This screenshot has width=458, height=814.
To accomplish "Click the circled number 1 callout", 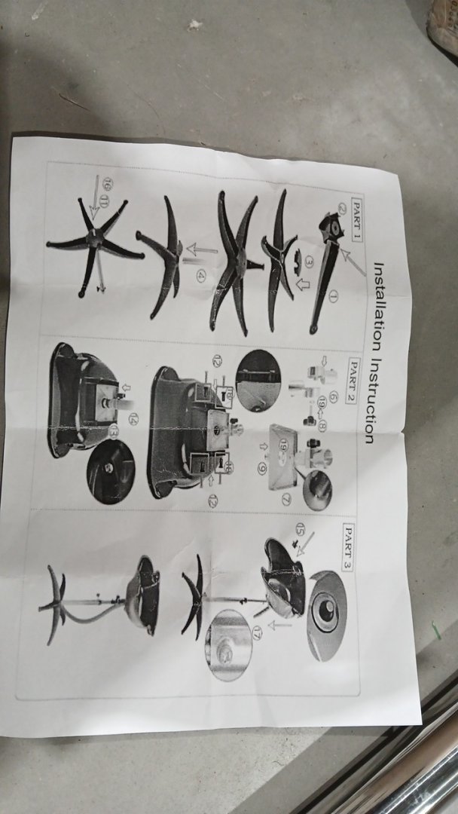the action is coord(333,296).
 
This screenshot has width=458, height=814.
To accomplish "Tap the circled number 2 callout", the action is coord(342,209).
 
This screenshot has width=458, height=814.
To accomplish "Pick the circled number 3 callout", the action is coord(309,263).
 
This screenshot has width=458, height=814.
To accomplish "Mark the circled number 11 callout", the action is coord(104,203).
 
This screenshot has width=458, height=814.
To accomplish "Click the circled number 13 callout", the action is coord(114,431).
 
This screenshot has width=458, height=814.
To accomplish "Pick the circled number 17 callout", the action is coord(257,632).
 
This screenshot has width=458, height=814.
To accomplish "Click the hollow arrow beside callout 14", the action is coord(126,388).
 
